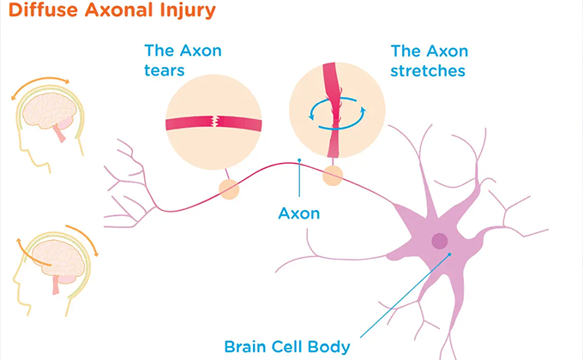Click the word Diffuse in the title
coord(44,10)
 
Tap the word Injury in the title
coord(188,11)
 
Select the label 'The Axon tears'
coord(183,60)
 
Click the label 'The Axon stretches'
coord(429,61)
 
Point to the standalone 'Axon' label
coord(299,213)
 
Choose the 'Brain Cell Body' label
coord(287,346)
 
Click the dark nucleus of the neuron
coord(440,241)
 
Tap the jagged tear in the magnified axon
coord(214,121)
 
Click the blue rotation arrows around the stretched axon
coord(337,113)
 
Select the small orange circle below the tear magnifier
coord(229,189)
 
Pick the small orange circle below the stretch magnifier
coord(333,176)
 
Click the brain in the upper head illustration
coord(49,111)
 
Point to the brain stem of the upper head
coord(59,133)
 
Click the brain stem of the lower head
coord(56,285)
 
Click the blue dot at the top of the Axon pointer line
coord(299,160)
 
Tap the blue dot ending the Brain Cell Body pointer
coord(449,255)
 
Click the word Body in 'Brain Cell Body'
coord(328,346)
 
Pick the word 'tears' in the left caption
coord(165,70)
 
